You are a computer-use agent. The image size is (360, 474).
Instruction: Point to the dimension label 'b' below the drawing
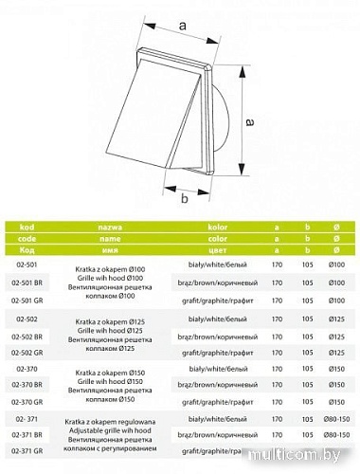tap(185, 200)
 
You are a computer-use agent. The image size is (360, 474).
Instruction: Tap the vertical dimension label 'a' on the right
tap(248, 122)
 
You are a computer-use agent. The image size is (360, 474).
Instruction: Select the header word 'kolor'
tap(220, 228)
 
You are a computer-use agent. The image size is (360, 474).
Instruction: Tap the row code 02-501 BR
tap(31, 283)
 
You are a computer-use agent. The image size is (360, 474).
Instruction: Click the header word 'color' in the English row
tap(220, 241)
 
